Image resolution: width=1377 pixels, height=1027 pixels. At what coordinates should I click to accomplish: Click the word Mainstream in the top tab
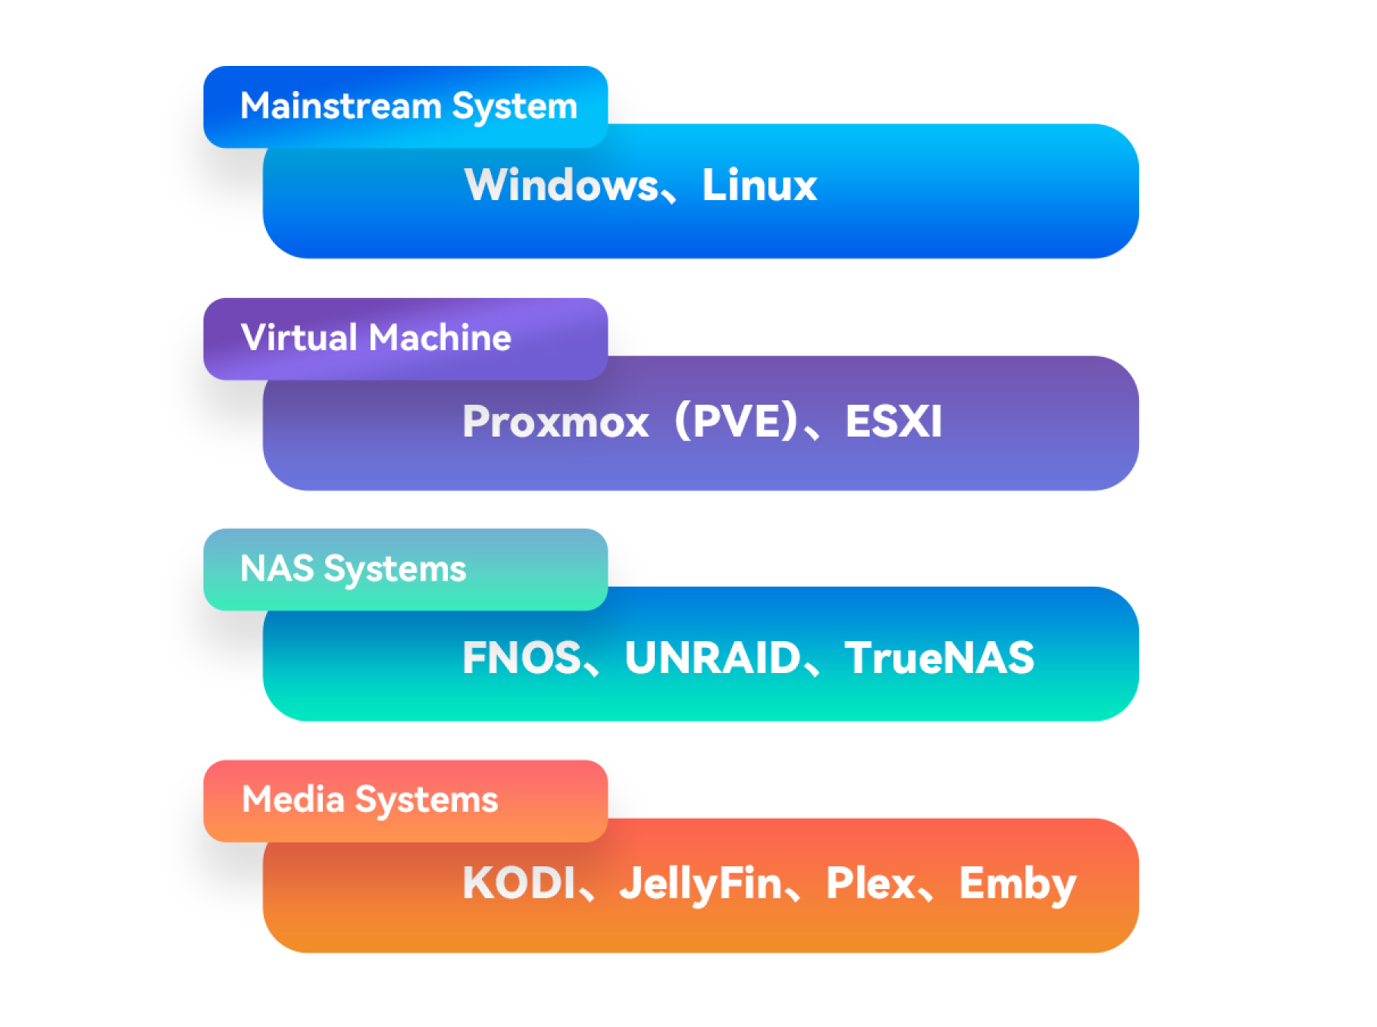click(x=340, y=105)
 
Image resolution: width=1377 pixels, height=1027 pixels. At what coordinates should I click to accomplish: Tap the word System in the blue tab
click(x=515, y=107)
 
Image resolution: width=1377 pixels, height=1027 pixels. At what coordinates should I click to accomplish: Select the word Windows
click(x=562, y=185)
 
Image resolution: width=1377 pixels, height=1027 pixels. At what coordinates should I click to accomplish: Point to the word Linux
click(x=759, y=185)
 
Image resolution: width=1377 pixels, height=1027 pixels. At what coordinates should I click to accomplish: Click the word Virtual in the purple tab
click(x=298, y=337)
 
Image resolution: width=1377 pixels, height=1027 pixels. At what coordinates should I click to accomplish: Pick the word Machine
click(x=440, y=337)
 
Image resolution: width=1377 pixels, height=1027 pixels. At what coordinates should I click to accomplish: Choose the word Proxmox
click(x=555, y=421)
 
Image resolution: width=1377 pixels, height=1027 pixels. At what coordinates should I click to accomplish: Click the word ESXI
click(x=893, y=421)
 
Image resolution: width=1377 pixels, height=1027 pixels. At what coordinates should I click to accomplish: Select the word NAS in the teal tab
click(x=277, y=568)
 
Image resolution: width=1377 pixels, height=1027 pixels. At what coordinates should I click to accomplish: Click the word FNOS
click(x=521, y=657)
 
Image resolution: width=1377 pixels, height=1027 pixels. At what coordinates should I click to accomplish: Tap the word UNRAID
click(x=712, y=657)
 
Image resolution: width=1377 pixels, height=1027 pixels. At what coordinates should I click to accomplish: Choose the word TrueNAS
click(x=939, y=657)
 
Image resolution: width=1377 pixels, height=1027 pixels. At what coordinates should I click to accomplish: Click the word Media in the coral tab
click(x=293, y=800)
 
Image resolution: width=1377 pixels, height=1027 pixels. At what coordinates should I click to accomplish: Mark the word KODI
click(x=519, y=883)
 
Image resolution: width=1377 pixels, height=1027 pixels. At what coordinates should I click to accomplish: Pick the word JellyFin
click(x=700, y=885)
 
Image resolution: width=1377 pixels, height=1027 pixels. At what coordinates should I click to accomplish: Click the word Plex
click(x=871, y=883)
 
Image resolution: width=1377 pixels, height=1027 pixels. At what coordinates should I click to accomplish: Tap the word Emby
click(x=1017, y=885)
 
